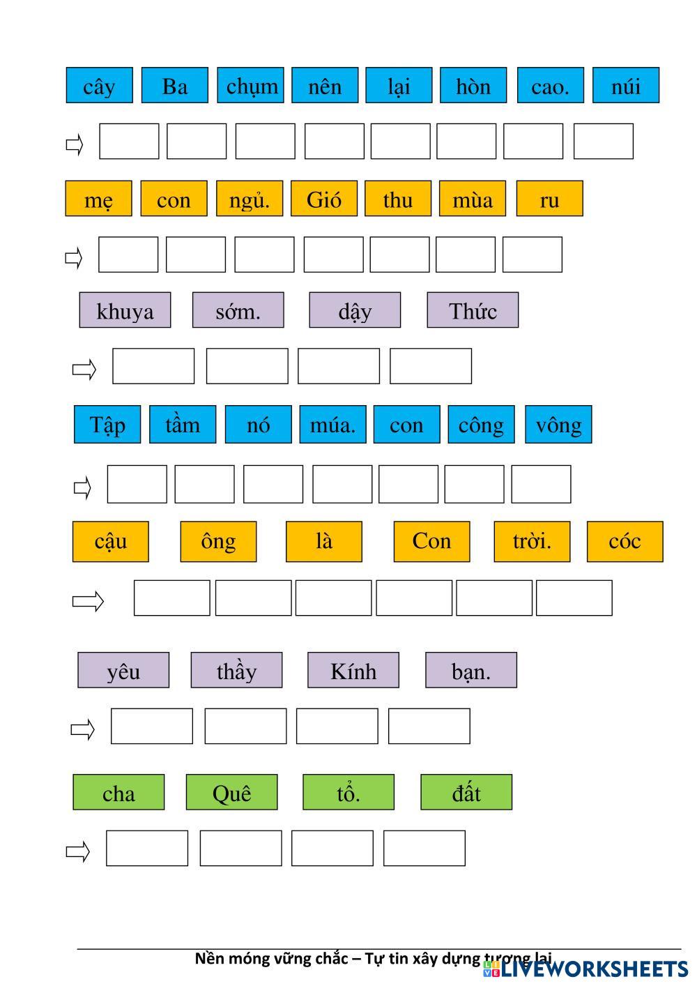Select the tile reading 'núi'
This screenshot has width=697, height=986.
[625, 85]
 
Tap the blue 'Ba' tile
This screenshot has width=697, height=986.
[174, 85]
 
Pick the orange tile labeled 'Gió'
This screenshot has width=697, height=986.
[323, 199]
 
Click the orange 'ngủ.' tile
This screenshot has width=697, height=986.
[249, 199]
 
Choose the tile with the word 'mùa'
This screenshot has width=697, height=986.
[473, 199]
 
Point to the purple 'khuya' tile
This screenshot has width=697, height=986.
[125, 310]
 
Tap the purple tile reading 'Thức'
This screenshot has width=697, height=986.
[473, 310]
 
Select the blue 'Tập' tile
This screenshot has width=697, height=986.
[107, 424]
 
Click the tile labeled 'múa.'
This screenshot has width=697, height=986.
[332, 424]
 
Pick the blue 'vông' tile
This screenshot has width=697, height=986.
[558, 424]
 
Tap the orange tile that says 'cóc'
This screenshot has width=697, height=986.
[625, 541]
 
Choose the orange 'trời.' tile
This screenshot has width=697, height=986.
[532, 541]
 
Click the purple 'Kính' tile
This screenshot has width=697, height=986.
[353, 670]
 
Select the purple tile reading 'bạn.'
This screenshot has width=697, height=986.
[471, 670]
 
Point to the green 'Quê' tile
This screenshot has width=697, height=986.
[231, 792]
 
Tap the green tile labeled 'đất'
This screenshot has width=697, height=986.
[466, 792]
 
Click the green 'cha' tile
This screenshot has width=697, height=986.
[118, 792]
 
